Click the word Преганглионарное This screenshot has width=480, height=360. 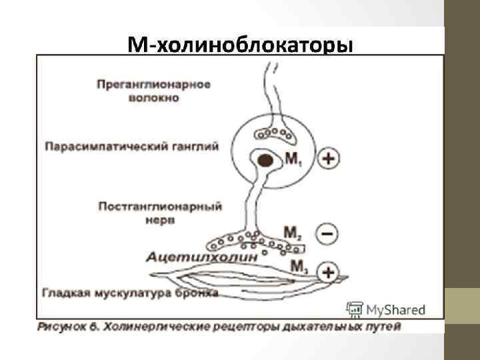(153, 85)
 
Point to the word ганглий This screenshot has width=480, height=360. (199, 146)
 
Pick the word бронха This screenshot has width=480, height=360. (191, 291)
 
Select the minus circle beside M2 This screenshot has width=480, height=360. (327, 233)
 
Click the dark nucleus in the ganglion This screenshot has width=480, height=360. (266, 161)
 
